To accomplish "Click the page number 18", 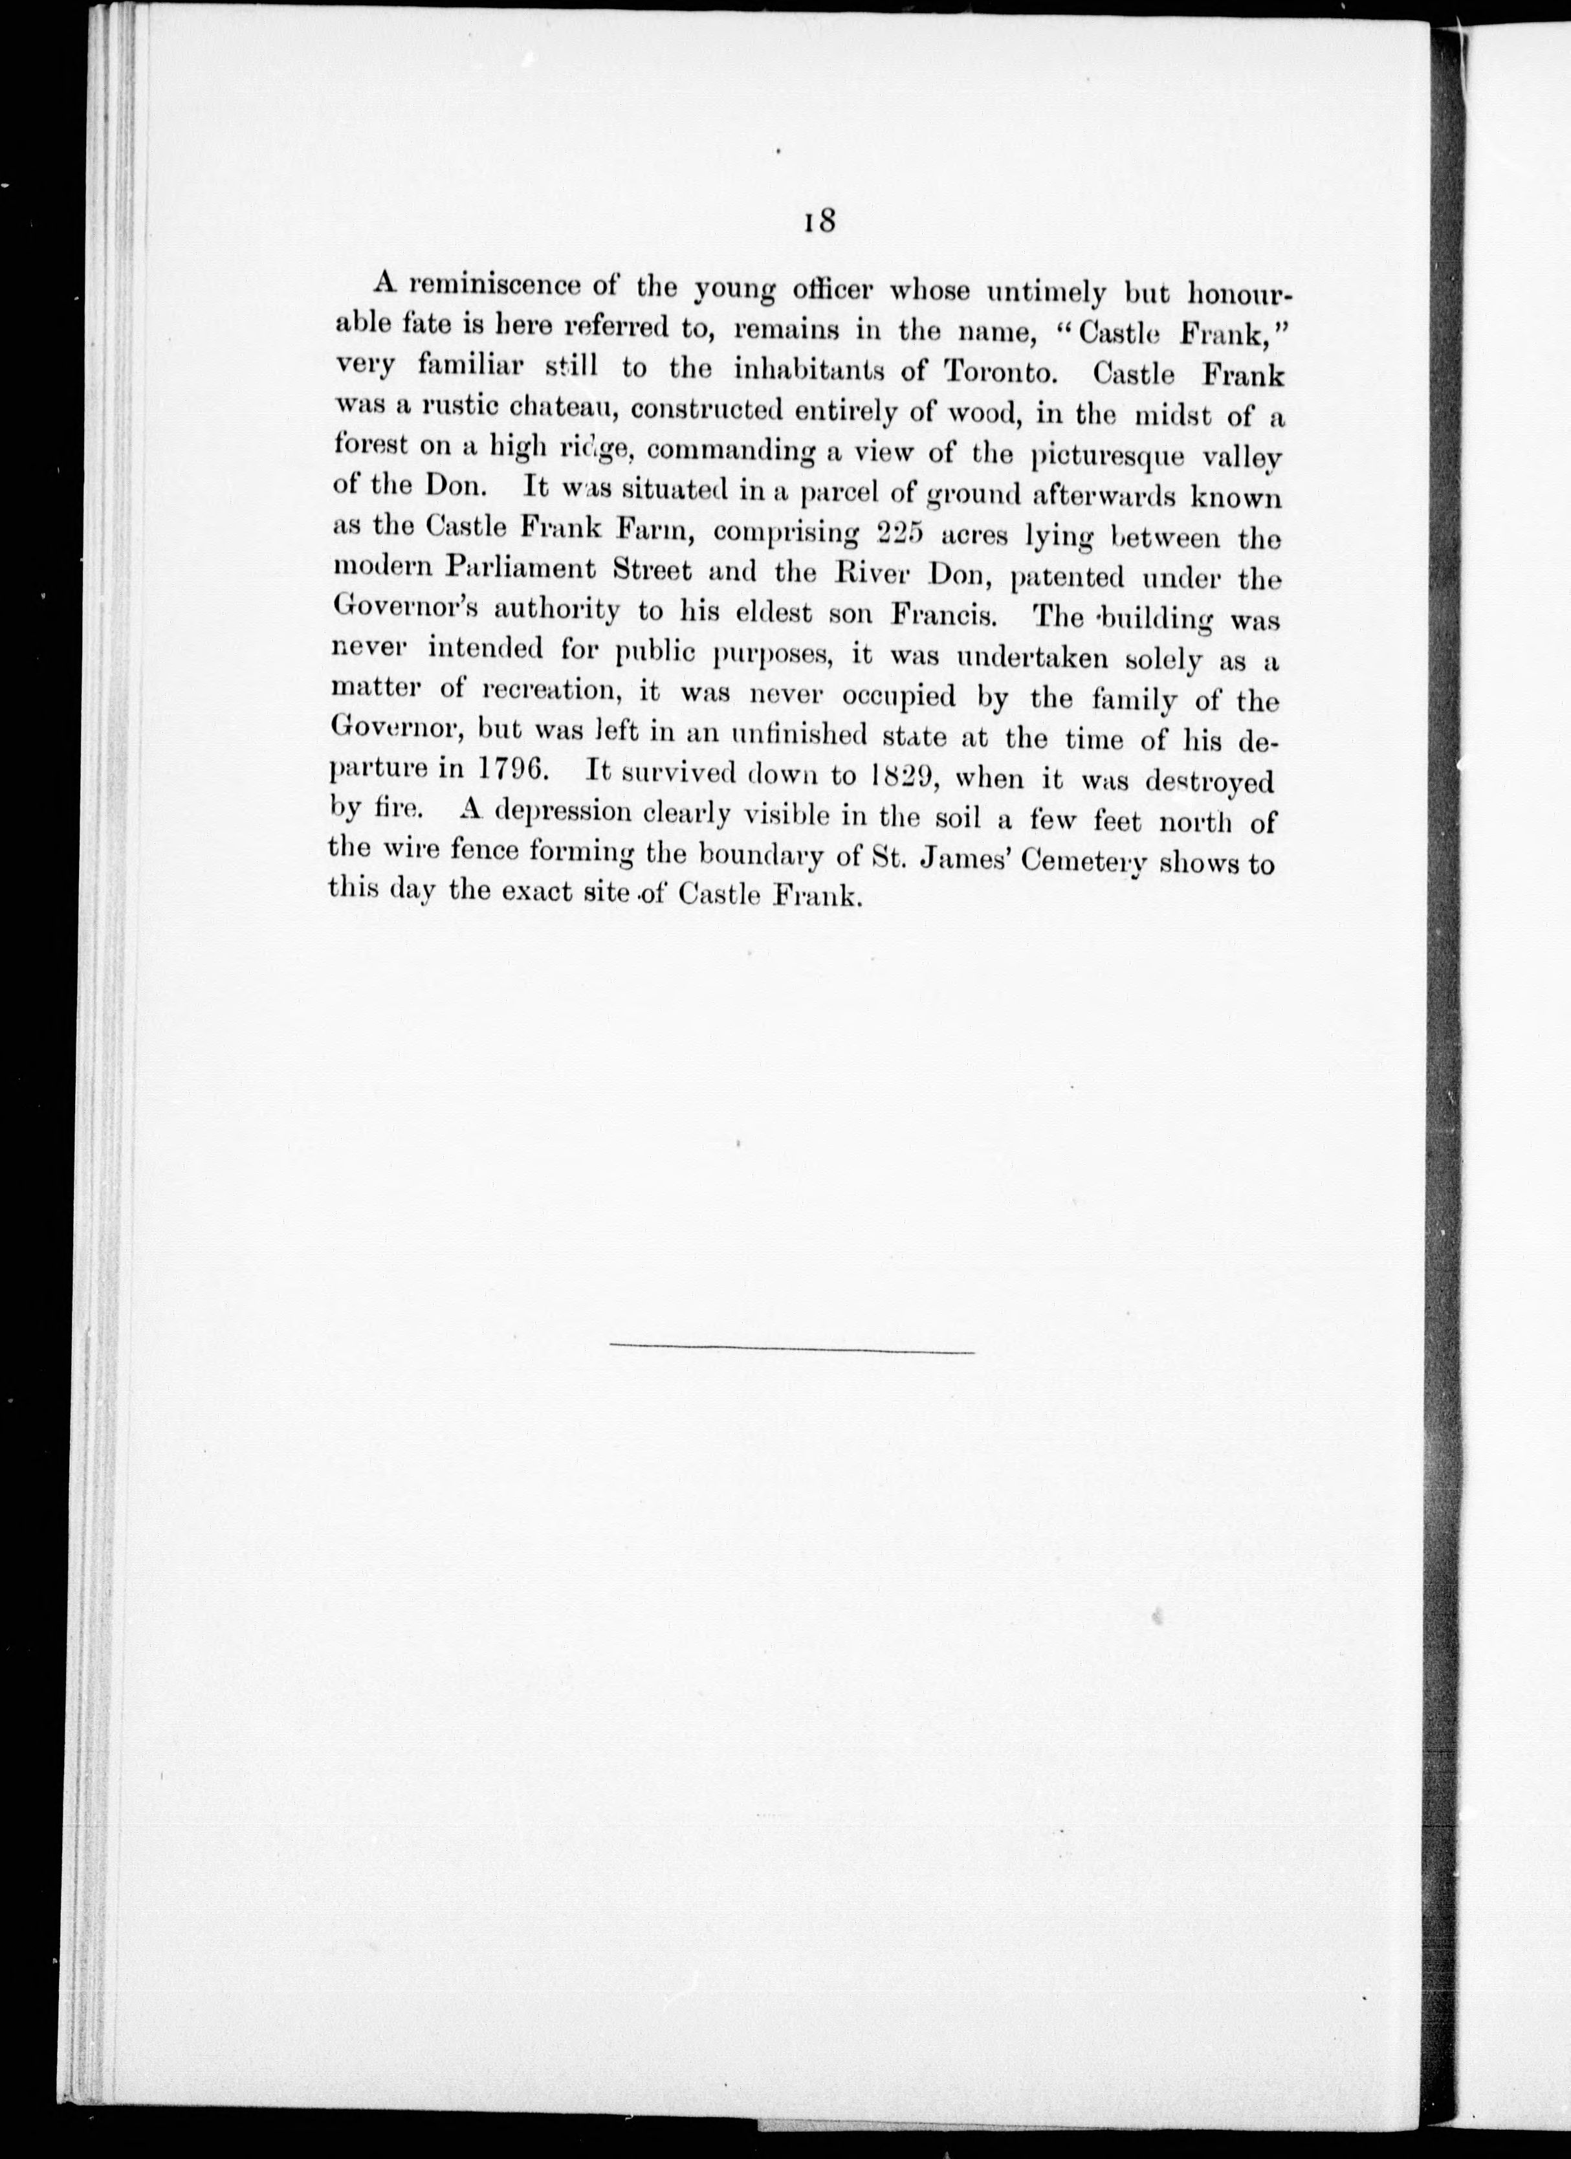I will point(819,221).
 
